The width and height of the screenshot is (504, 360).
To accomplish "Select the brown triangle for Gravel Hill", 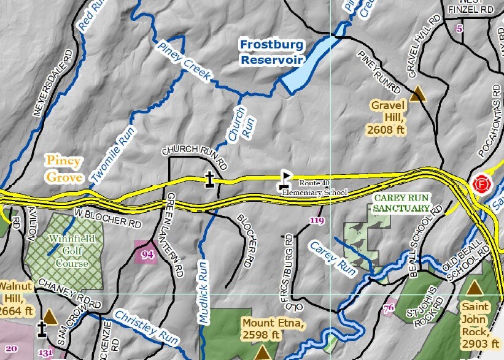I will tap(418, 93).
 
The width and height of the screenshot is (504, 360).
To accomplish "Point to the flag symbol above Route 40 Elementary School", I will tap(285, 178).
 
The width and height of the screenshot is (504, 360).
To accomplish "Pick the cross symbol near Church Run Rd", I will tap(210, 180).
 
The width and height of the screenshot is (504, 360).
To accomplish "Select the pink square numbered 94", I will tap(147, 254).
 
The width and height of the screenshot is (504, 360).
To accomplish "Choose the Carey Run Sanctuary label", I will tap(402, 203).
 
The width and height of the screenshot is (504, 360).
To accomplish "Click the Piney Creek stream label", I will tap(184, 61).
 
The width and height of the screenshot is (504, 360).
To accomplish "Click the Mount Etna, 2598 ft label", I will tap(261, 329).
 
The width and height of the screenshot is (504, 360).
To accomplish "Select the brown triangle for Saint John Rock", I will tap(474, 287).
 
